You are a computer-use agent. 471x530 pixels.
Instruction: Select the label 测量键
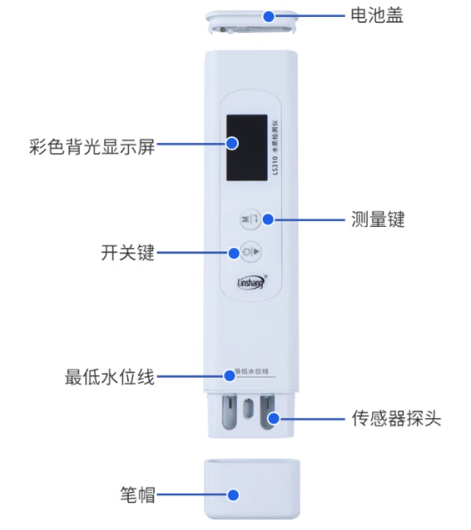click(378, 220)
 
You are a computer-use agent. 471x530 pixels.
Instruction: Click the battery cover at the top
click(251, 23)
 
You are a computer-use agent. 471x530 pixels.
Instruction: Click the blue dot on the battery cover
click(269, 15)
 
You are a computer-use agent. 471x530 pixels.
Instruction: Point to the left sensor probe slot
click(228, 415)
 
